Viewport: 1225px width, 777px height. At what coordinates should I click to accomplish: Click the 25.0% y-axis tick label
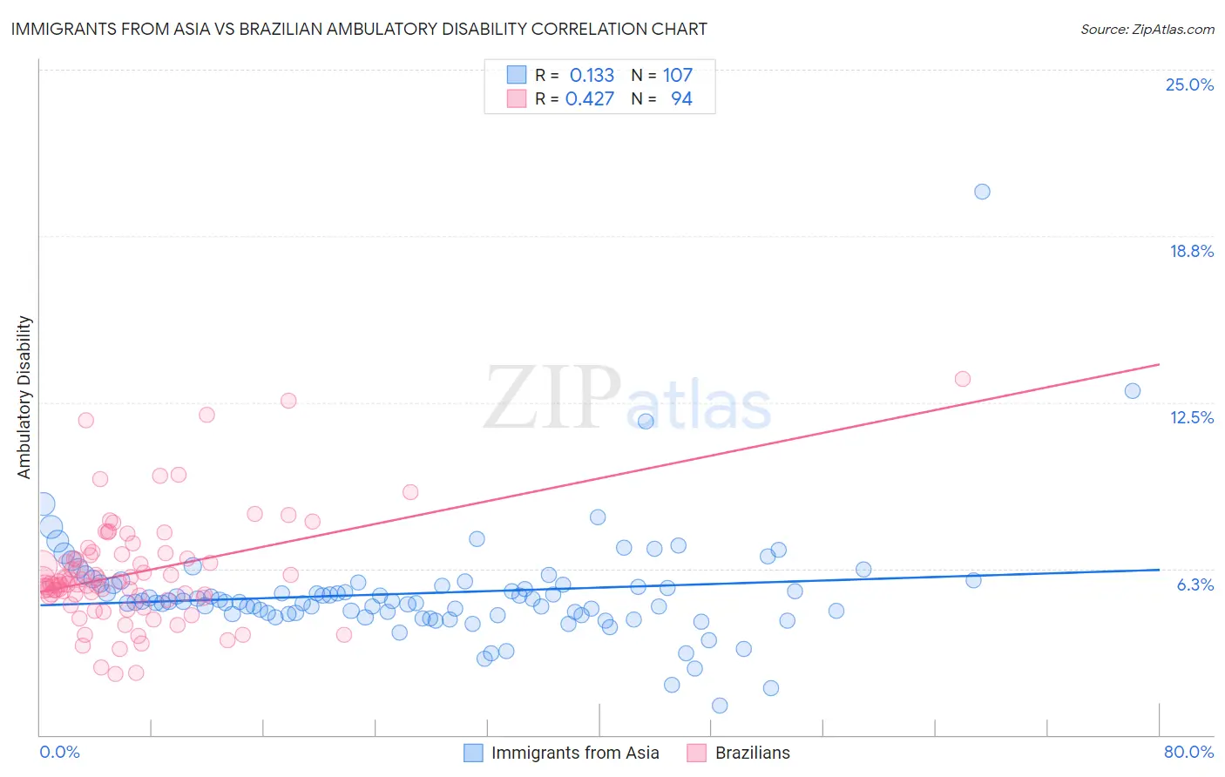[x=1189, y=84]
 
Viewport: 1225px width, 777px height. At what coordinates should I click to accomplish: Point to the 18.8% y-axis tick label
[x=1191, y=251]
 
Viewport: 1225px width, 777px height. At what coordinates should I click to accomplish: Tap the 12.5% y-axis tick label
[x=1191, y=417]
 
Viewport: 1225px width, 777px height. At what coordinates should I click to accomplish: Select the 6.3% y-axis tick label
[x=1195, y=584]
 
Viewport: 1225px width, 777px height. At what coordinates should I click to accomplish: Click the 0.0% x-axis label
[x=59, y=752]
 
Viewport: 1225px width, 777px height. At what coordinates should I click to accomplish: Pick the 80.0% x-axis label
[x=1188, y=752]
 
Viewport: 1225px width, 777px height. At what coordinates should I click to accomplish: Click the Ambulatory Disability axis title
[x=24, y=397]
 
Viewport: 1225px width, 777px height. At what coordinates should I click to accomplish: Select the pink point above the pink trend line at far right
[x=962, y=379]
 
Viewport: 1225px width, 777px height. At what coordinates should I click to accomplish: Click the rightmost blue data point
[x=1132, y=391]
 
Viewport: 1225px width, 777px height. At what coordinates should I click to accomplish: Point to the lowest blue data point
[x=720, y=706]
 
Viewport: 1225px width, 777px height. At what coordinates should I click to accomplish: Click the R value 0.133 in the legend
[x=592, y=75]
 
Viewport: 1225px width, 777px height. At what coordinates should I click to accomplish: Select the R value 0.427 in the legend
[x=590, y=98]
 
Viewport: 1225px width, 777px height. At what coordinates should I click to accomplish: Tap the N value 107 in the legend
[x=677, y=75]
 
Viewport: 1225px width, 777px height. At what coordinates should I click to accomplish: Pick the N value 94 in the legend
[x=681, y=98]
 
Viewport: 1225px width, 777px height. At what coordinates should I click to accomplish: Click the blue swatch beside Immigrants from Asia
[x=473, y=753]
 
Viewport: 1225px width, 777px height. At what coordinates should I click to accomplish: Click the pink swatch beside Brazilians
[x=696, y=753]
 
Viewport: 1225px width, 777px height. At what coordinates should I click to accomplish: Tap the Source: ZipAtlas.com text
[x=1147, y=29]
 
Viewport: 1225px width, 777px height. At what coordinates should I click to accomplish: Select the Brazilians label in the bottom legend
[x=752, y=753]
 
